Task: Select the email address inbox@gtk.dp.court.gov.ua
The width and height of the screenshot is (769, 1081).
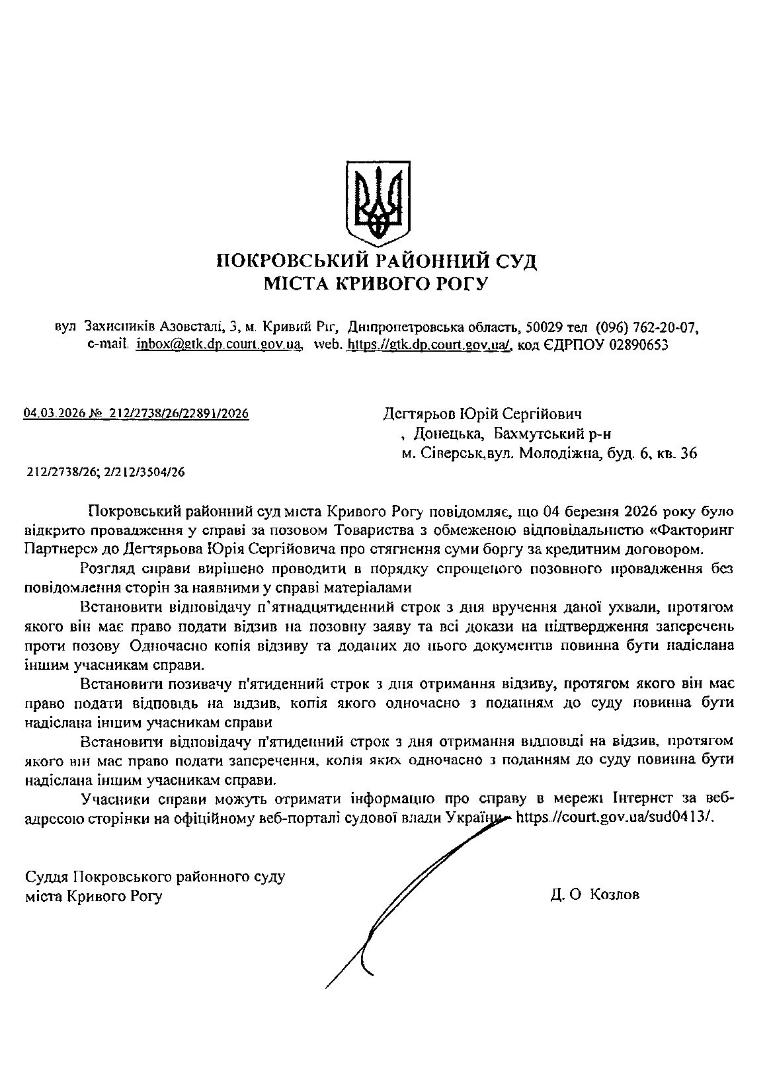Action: [219, 344]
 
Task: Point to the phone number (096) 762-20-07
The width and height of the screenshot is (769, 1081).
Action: [647, 327]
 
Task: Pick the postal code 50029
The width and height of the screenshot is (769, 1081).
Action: [544, 327]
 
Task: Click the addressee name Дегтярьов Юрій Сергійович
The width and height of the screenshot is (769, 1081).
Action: [482, 414]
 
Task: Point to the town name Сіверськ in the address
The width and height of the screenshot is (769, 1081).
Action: [450, 454]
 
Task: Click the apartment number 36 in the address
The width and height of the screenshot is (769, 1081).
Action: [688, 454]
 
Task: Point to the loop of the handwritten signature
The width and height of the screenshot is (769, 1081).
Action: [368, 945]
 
